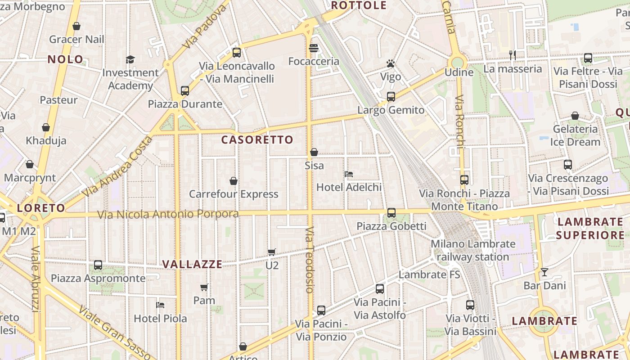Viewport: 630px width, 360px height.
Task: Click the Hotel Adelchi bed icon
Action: pos(349,174)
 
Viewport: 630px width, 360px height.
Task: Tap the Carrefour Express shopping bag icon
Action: pos(234,181)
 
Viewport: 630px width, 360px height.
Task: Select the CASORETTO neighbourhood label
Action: pos(257,140)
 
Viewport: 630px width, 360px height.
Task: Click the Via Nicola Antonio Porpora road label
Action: pos(168,214)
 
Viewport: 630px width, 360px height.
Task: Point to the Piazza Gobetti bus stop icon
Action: pos(391,212)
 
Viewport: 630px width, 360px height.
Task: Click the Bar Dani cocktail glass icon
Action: pos(544,272)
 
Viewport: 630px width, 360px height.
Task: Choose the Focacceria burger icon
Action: pos(314,48)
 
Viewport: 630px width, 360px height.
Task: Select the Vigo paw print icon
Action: pos(391,63)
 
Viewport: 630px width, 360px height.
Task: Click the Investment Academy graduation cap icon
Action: pos(130,59)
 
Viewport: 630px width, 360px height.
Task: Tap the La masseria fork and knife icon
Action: pos(512,55)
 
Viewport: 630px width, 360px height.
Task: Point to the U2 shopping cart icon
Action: pos(271,252)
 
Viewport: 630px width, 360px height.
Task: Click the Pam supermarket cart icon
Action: pos(204,287)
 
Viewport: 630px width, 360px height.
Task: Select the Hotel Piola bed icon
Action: pos(160,305)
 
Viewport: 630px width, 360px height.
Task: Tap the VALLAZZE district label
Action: pos(192,264)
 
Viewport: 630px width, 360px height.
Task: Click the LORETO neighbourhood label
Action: pos(41,208)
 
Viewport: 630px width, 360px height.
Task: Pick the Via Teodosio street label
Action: pos(310,260)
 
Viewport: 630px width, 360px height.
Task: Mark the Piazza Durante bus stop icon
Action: pos(185,91)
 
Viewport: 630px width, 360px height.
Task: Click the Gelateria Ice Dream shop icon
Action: pos(575,116)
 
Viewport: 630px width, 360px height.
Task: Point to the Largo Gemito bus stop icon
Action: pos(391,96)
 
